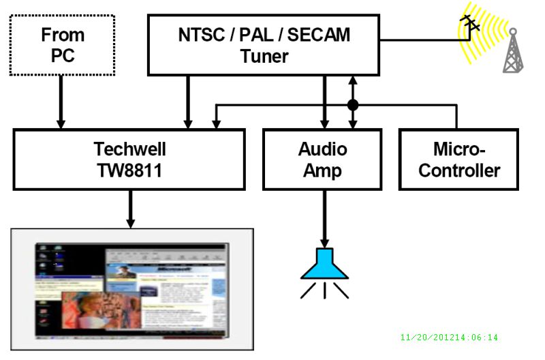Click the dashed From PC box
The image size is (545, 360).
click(x=63, y=45)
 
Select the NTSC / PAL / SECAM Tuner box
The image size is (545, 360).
click(x=264, y=45)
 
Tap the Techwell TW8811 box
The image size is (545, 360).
click(x=129, y=160)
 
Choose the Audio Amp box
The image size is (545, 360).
click(x=322, y=160)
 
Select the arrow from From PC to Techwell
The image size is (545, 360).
click(x=61, y=102)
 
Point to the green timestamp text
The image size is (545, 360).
click(x=449, y=337)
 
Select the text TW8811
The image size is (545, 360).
click(x=129, y=170)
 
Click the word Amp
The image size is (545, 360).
click(x=322, y=170)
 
